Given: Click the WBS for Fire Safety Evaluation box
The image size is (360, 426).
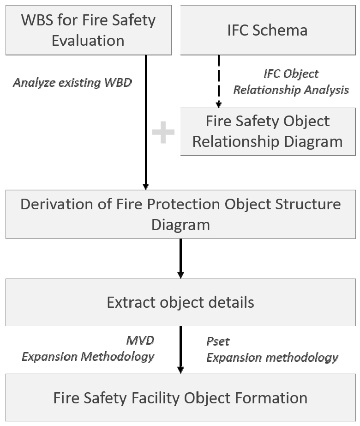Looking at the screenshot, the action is click(x=89, y=30).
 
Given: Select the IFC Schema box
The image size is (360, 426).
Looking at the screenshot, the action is click(x=268, y=30).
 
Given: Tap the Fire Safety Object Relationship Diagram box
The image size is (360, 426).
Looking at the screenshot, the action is click(x=268, y=132).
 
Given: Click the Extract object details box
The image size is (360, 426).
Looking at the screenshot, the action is click(x=180, y=302).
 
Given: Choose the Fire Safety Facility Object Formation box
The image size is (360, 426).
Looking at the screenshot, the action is click(x=180, y=398).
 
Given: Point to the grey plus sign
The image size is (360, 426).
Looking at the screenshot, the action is click(x=163, y=132).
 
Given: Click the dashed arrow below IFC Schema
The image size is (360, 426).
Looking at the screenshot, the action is click(x=219, y=81).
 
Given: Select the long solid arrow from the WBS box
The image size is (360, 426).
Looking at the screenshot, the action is click(x=146, y=122).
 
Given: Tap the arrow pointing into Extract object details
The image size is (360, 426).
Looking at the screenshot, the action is click(x=180, y=259).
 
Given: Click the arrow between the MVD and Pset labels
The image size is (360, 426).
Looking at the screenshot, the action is click(x=180, y=350).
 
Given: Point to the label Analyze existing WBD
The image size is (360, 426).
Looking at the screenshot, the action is click(x=72, y=83).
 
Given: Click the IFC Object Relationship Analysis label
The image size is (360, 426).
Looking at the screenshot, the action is click(x=291, y=82).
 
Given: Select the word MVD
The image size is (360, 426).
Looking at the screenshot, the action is click(x=140, y=340).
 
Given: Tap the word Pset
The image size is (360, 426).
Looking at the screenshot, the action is click(x=218, y=341).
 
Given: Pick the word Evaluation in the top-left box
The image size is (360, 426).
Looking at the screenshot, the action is click(x=88, y=41).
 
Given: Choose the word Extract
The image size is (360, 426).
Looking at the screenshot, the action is click(x=132, y=302).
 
